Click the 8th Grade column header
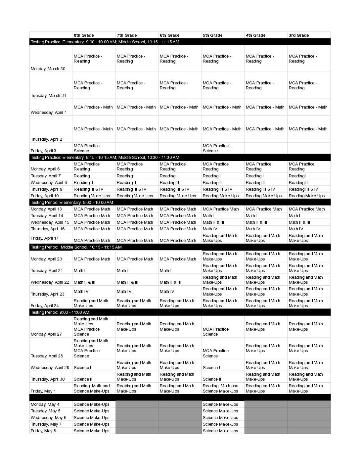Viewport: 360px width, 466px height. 84,35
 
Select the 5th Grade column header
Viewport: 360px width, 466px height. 212,35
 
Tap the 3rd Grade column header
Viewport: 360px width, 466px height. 298,35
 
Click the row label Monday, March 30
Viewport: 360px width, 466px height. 48,69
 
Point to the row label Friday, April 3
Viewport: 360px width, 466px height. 43,151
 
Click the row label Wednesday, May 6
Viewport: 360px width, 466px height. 49,418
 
